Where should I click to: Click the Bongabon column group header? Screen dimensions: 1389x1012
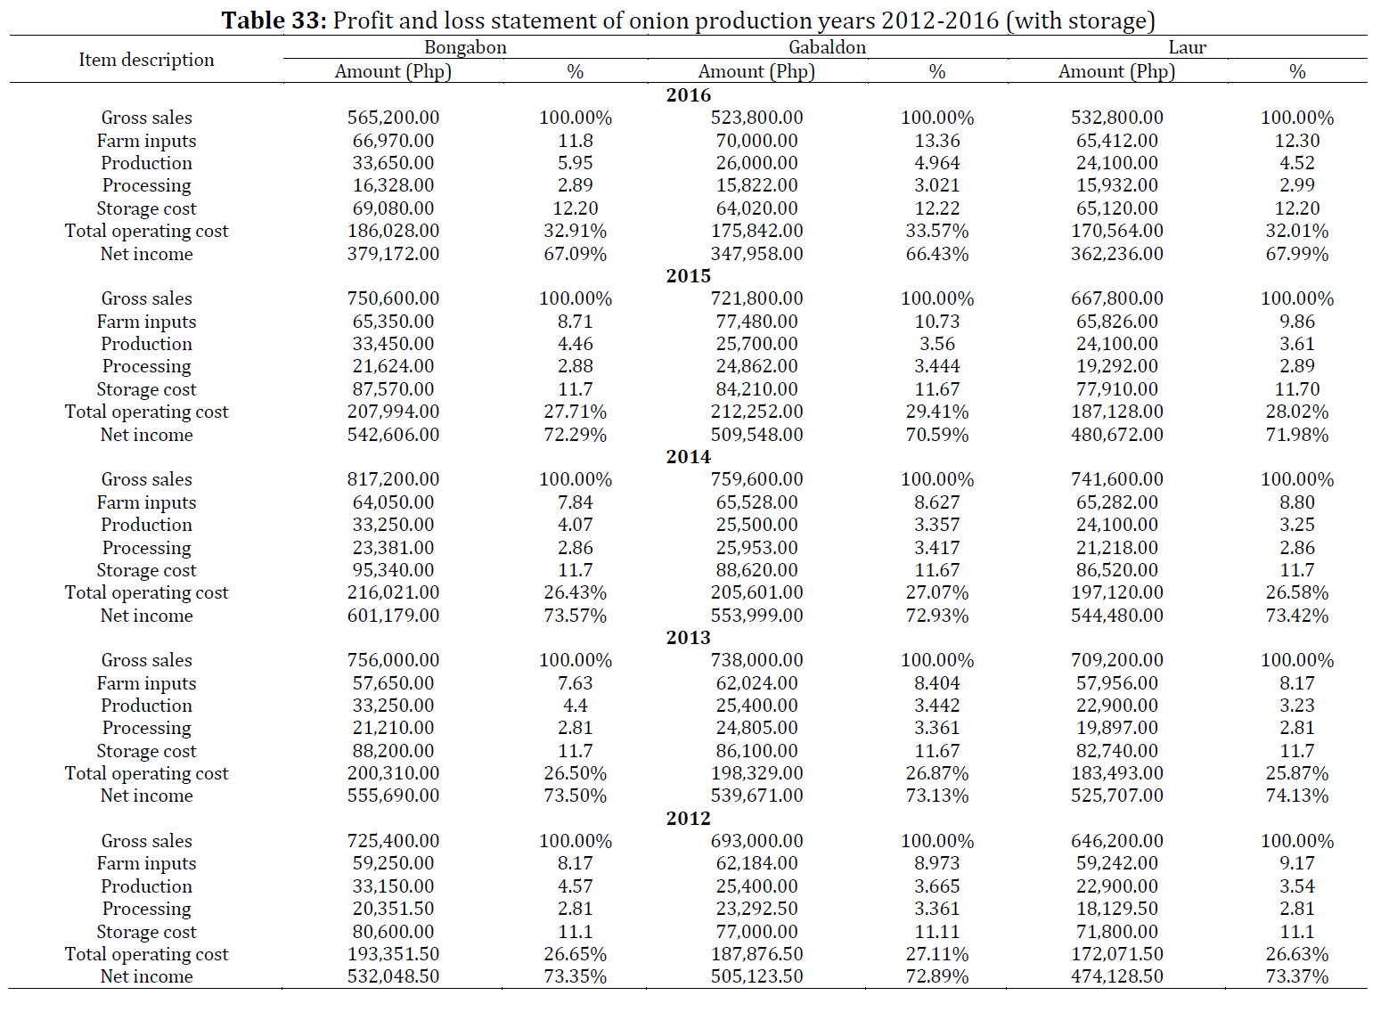465,47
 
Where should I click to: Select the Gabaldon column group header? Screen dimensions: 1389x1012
827,47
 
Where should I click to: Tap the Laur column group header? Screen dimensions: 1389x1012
1187,47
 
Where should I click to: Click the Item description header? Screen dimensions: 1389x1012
146,60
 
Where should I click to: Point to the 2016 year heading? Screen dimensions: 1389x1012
689,94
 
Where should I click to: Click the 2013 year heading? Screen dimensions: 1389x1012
689,638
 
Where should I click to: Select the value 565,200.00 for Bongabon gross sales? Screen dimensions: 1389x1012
393,118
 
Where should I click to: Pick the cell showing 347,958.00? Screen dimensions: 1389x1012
756,254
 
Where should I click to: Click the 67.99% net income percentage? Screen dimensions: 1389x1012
1296,254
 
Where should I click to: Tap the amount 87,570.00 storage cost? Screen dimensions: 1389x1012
393,388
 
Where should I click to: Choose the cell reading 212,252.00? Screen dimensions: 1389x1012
756,412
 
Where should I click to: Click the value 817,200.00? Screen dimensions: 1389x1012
393,478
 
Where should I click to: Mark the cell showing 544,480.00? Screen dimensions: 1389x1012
1116,616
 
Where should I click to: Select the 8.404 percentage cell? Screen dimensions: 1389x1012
937,682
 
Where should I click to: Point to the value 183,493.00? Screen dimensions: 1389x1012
1116,772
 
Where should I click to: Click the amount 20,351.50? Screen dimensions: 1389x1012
393,909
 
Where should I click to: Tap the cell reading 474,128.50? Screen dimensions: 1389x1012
1116,976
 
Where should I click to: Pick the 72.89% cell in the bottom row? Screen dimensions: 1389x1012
937,976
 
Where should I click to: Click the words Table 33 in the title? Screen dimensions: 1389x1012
274,20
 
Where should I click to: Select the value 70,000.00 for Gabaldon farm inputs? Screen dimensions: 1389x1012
756,140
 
